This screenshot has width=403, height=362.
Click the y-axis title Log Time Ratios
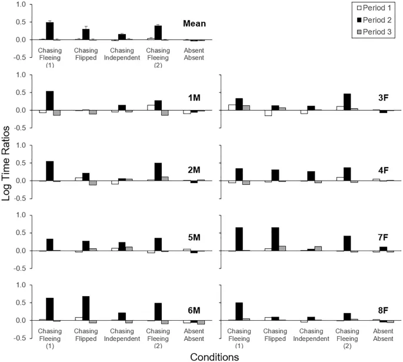pos(6,181)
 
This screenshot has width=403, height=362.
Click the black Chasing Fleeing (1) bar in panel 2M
pos(50,171)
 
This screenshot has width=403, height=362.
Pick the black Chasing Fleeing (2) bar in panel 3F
pos(348,102)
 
